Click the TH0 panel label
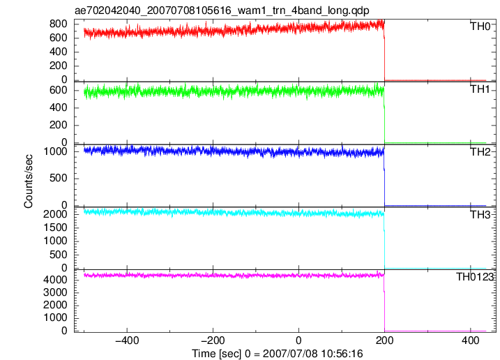[480, 27]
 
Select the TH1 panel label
[480, 89]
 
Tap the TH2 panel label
[480, 152]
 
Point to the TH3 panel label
[480, 215]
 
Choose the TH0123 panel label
[475, 277]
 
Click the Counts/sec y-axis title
[29, 181]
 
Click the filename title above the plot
[222, 10]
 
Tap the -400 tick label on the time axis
[127, 340]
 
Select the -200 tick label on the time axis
[213, 340]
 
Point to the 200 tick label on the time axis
[384, 340]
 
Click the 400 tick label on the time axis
[470, 340]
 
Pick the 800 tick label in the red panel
[59, 24]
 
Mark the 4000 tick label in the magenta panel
[56, 280]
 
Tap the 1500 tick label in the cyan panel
[56, 227]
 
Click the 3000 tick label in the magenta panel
[56, 292]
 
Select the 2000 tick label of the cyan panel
[56, 213]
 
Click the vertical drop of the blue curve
[384, 178]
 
